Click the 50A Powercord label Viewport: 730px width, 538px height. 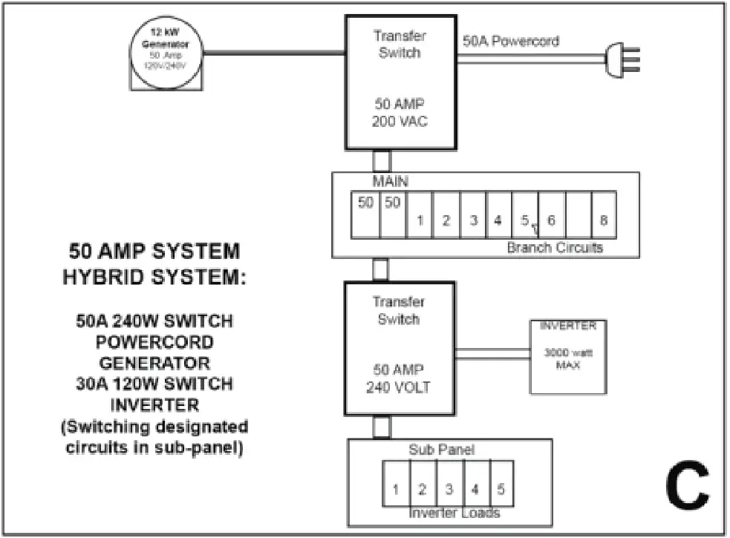coord(510,42)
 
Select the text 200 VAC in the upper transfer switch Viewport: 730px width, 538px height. coord(400,122)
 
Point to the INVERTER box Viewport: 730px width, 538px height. coord(567,356)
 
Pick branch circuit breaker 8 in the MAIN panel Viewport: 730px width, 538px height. coord(604,220)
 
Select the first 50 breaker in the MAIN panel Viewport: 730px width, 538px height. coord(365,215)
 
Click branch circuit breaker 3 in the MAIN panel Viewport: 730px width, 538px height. coord(473,220)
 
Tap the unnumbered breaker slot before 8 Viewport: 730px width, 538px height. coord(579,215)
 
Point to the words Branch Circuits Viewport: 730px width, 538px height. coord(555,248)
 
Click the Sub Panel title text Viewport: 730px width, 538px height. coord(442,450)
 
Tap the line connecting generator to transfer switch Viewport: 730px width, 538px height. coord(273,52)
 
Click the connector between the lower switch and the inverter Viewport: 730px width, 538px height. coord(492,356)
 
